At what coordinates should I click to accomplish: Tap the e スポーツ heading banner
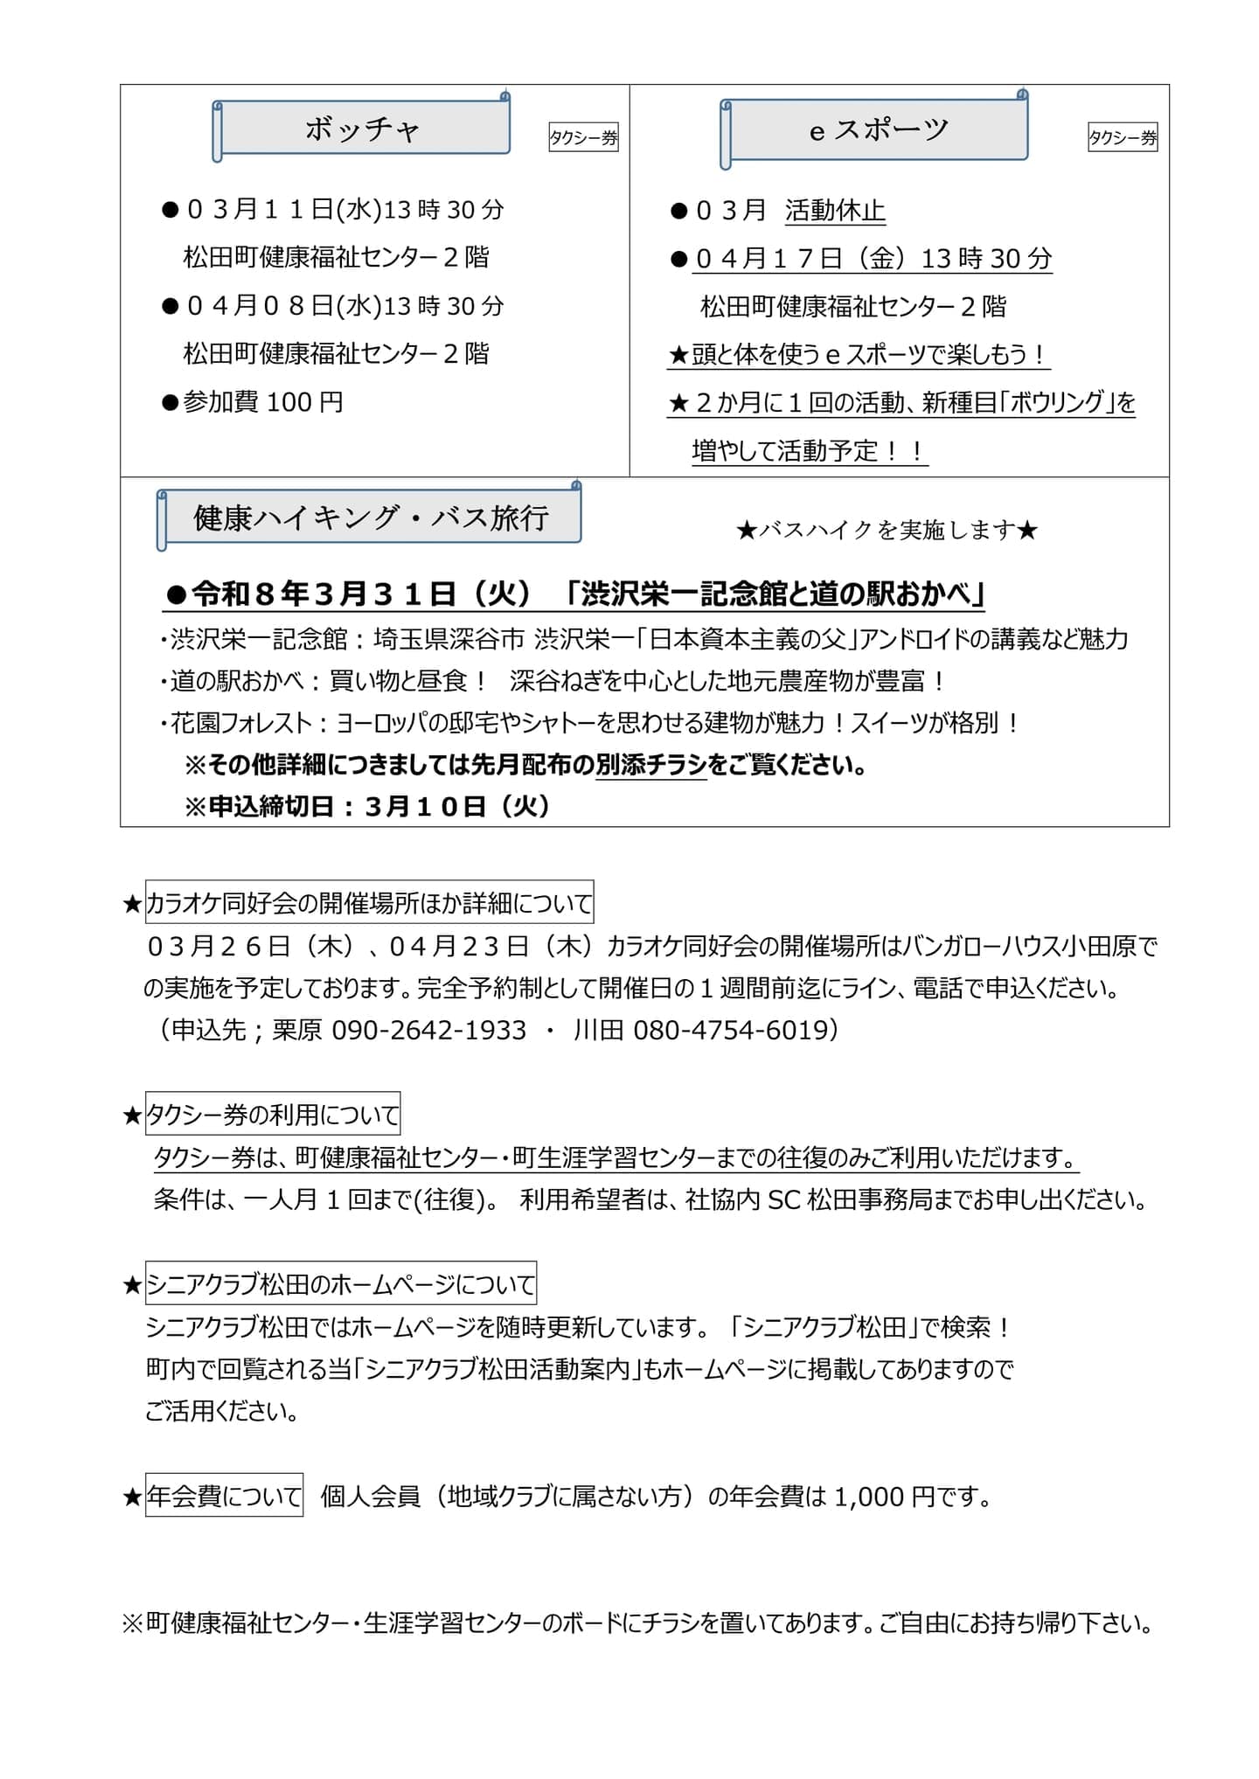pos(877,130)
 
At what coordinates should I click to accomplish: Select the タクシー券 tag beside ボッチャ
pos(583,137)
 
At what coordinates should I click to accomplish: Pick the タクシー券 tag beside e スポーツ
pos(1123,137)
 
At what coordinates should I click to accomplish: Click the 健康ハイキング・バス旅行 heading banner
pos(372,518)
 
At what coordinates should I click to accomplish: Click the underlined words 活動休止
pos(835,211)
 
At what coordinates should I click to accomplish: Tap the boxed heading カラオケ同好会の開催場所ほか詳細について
pos(369,902)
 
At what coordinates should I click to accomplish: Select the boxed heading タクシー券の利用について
pos(273,1114)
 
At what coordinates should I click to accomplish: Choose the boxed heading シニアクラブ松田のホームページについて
pos(341,1283)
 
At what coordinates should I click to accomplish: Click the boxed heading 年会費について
pos(224,1496)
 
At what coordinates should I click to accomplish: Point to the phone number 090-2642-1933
pos(429,1030)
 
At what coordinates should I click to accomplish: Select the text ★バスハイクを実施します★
pos(887,530)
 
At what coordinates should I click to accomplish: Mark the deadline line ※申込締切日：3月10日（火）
pos(367,805)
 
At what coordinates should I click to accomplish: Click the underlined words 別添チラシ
pos(650,765)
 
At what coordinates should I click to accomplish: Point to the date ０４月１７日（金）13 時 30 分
pos(873,259)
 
